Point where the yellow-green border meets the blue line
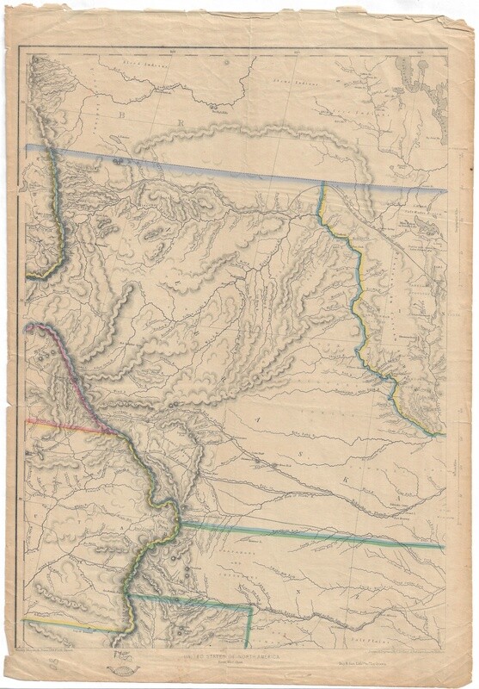point(322,185)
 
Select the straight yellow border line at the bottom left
point(69,622)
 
